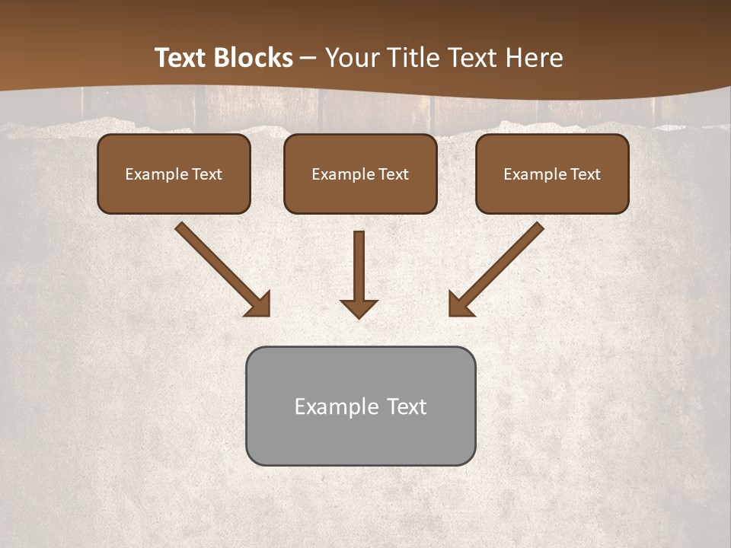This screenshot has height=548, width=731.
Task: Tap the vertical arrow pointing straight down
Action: point(359,266)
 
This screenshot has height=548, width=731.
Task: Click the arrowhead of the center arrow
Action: point(359,308)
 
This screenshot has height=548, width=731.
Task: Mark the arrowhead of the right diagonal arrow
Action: point(458,305)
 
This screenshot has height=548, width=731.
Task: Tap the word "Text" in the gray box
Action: point(406,406)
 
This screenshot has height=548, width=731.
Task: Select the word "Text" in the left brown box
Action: point(206,174)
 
